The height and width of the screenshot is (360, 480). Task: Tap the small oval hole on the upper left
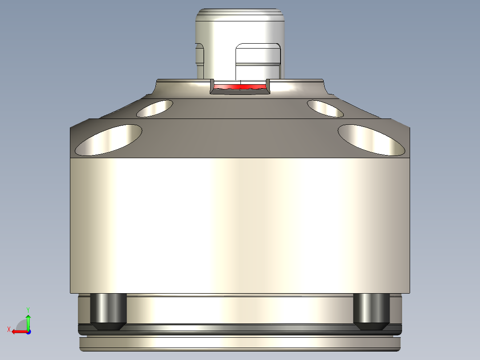tap(155, 108)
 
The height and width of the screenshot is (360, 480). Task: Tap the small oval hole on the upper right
tap(325, 108)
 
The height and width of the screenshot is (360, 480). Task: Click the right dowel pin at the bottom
tap(372, 308)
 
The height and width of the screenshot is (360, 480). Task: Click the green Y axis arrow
tap(28, 321)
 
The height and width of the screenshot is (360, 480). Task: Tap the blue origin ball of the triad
tap(28, 331)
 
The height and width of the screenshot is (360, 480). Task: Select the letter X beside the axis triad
tap(8, 329)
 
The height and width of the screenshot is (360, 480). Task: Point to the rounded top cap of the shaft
tap(240, 13)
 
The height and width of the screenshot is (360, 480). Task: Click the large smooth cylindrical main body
tap(240, 225)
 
